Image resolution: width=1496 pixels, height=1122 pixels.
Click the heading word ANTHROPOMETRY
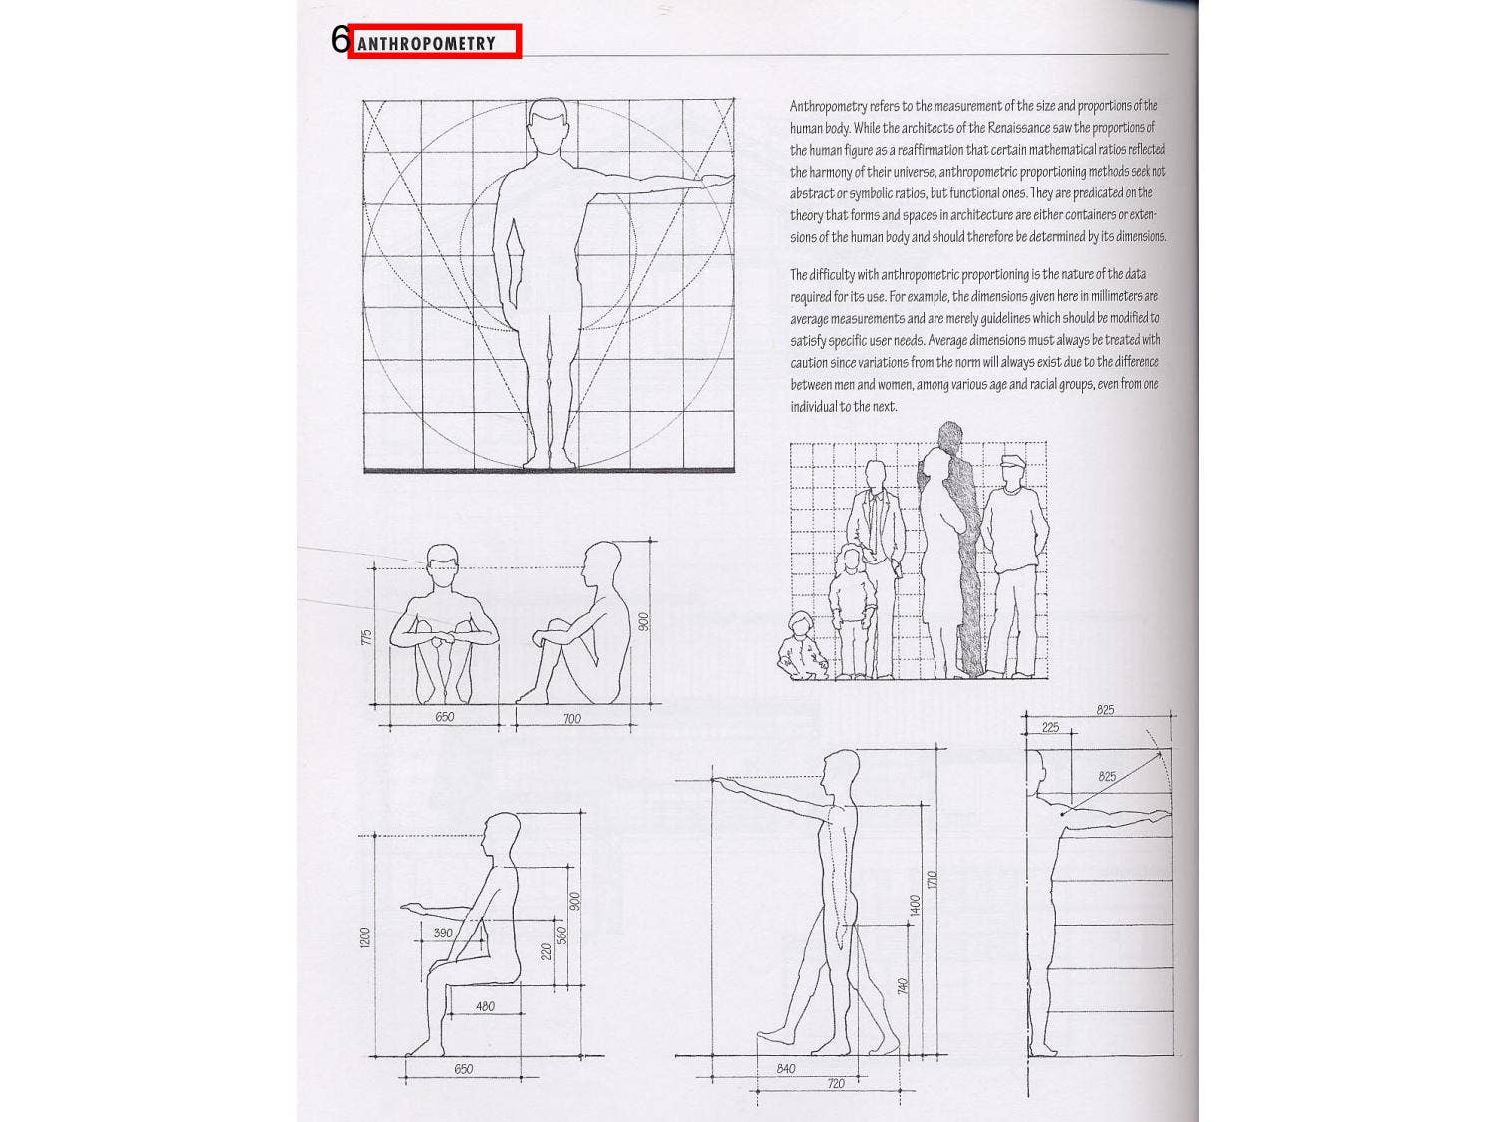426,43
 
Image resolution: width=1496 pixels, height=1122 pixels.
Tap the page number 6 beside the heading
340,40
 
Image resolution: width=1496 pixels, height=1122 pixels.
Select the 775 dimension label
367,635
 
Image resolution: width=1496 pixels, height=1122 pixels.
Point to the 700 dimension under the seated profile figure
571,718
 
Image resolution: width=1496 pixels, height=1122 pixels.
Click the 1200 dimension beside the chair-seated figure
365,936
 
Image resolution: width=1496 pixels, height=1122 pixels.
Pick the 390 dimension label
442,933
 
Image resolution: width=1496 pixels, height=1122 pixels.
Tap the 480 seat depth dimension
485,1006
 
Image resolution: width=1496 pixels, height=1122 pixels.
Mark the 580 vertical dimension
561,936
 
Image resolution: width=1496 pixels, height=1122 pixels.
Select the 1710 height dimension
932,880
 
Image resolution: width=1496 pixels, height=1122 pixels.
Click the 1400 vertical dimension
915,906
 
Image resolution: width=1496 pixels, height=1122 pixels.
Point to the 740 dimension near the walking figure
902,986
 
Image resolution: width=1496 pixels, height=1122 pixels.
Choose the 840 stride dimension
786,1068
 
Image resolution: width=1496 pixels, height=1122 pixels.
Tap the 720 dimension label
836,1083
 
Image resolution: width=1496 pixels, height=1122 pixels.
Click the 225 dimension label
1051,727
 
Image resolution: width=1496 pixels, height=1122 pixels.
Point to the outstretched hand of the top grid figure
716,180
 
